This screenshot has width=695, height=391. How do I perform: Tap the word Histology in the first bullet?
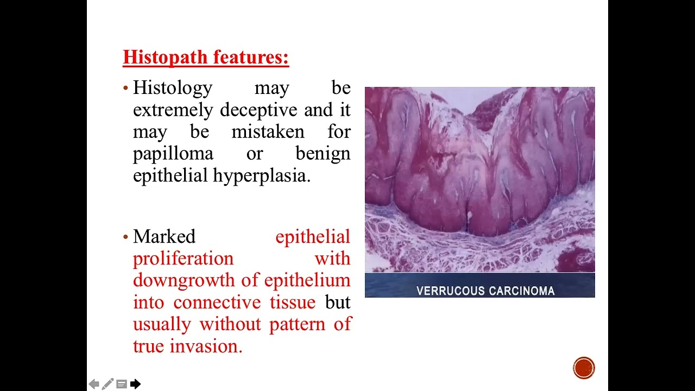(x=173, y=87)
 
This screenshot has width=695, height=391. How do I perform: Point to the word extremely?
(x=174, y=110)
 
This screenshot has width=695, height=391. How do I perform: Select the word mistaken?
(x=268, y=132)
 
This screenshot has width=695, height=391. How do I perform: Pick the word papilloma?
(x=173, y=154)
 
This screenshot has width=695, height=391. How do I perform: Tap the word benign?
(x=323, y=154)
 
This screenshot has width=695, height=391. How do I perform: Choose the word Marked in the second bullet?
(x=164, y=237)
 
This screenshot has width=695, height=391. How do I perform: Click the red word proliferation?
(x=183, y=258)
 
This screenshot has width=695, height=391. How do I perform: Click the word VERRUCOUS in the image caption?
(x=449, y=291)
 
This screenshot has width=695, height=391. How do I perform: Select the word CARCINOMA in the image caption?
(x=521, y=291)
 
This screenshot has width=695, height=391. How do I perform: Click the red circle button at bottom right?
(x=584, y=368)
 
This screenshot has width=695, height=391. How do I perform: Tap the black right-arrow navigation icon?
(x=135, y=384)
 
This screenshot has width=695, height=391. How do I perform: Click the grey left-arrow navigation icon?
(x=94, y=384)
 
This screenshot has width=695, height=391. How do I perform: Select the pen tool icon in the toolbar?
(x=108, y=384)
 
